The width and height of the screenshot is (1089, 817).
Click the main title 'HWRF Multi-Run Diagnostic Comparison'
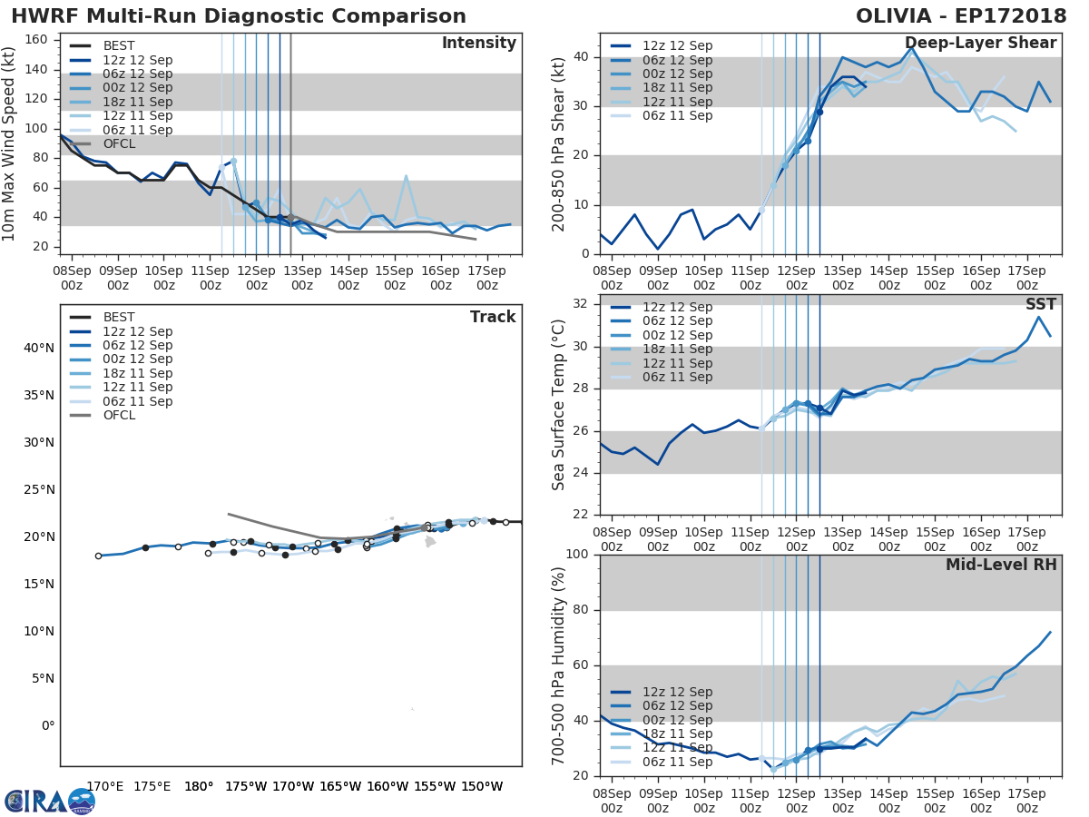239,16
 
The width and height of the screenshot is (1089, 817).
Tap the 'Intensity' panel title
478,44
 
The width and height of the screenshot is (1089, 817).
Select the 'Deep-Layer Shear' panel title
980,44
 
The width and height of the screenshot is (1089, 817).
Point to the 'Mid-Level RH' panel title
1001,565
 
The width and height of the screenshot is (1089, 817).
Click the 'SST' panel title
1042,304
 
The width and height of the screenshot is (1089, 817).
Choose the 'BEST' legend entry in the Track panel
119,318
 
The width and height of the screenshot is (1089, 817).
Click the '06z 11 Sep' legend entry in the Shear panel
677,116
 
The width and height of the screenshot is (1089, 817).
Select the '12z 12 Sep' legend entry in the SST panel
677,308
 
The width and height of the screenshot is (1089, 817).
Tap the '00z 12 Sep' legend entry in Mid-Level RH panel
677,720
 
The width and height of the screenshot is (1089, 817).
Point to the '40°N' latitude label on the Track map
38,349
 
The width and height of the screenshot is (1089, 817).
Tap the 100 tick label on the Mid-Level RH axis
578,555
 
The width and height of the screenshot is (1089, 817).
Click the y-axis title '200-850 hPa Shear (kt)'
559,143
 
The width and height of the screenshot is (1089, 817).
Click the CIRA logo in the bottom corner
50,801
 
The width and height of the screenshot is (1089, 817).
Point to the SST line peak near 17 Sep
1038,317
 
